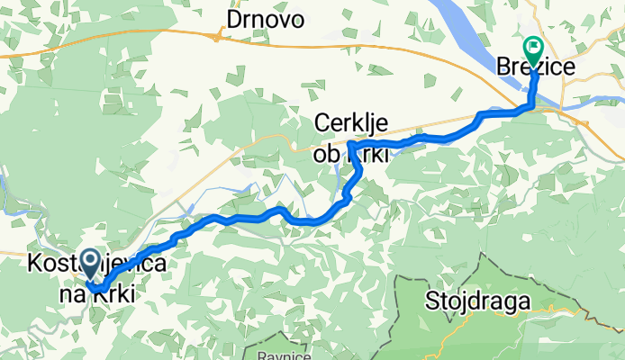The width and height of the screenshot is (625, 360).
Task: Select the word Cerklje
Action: tap(352, 122)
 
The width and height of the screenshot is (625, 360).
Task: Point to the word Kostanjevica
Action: tap(95, 264)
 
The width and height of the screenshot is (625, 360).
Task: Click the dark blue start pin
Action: tap(91, 263)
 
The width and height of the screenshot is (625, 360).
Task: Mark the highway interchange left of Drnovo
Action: tap(218, 36)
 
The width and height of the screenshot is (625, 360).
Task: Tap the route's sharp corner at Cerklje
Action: tap(349, 145)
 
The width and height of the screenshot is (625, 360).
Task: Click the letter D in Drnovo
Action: tap(233, 19)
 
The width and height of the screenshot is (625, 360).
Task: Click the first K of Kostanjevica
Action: tap(36, 264)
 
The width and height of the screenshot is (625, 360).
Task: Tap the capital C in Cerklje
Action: tap(321, 122)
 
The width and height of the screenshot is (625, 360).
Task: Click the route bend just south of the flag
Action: tap(531, 105)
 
